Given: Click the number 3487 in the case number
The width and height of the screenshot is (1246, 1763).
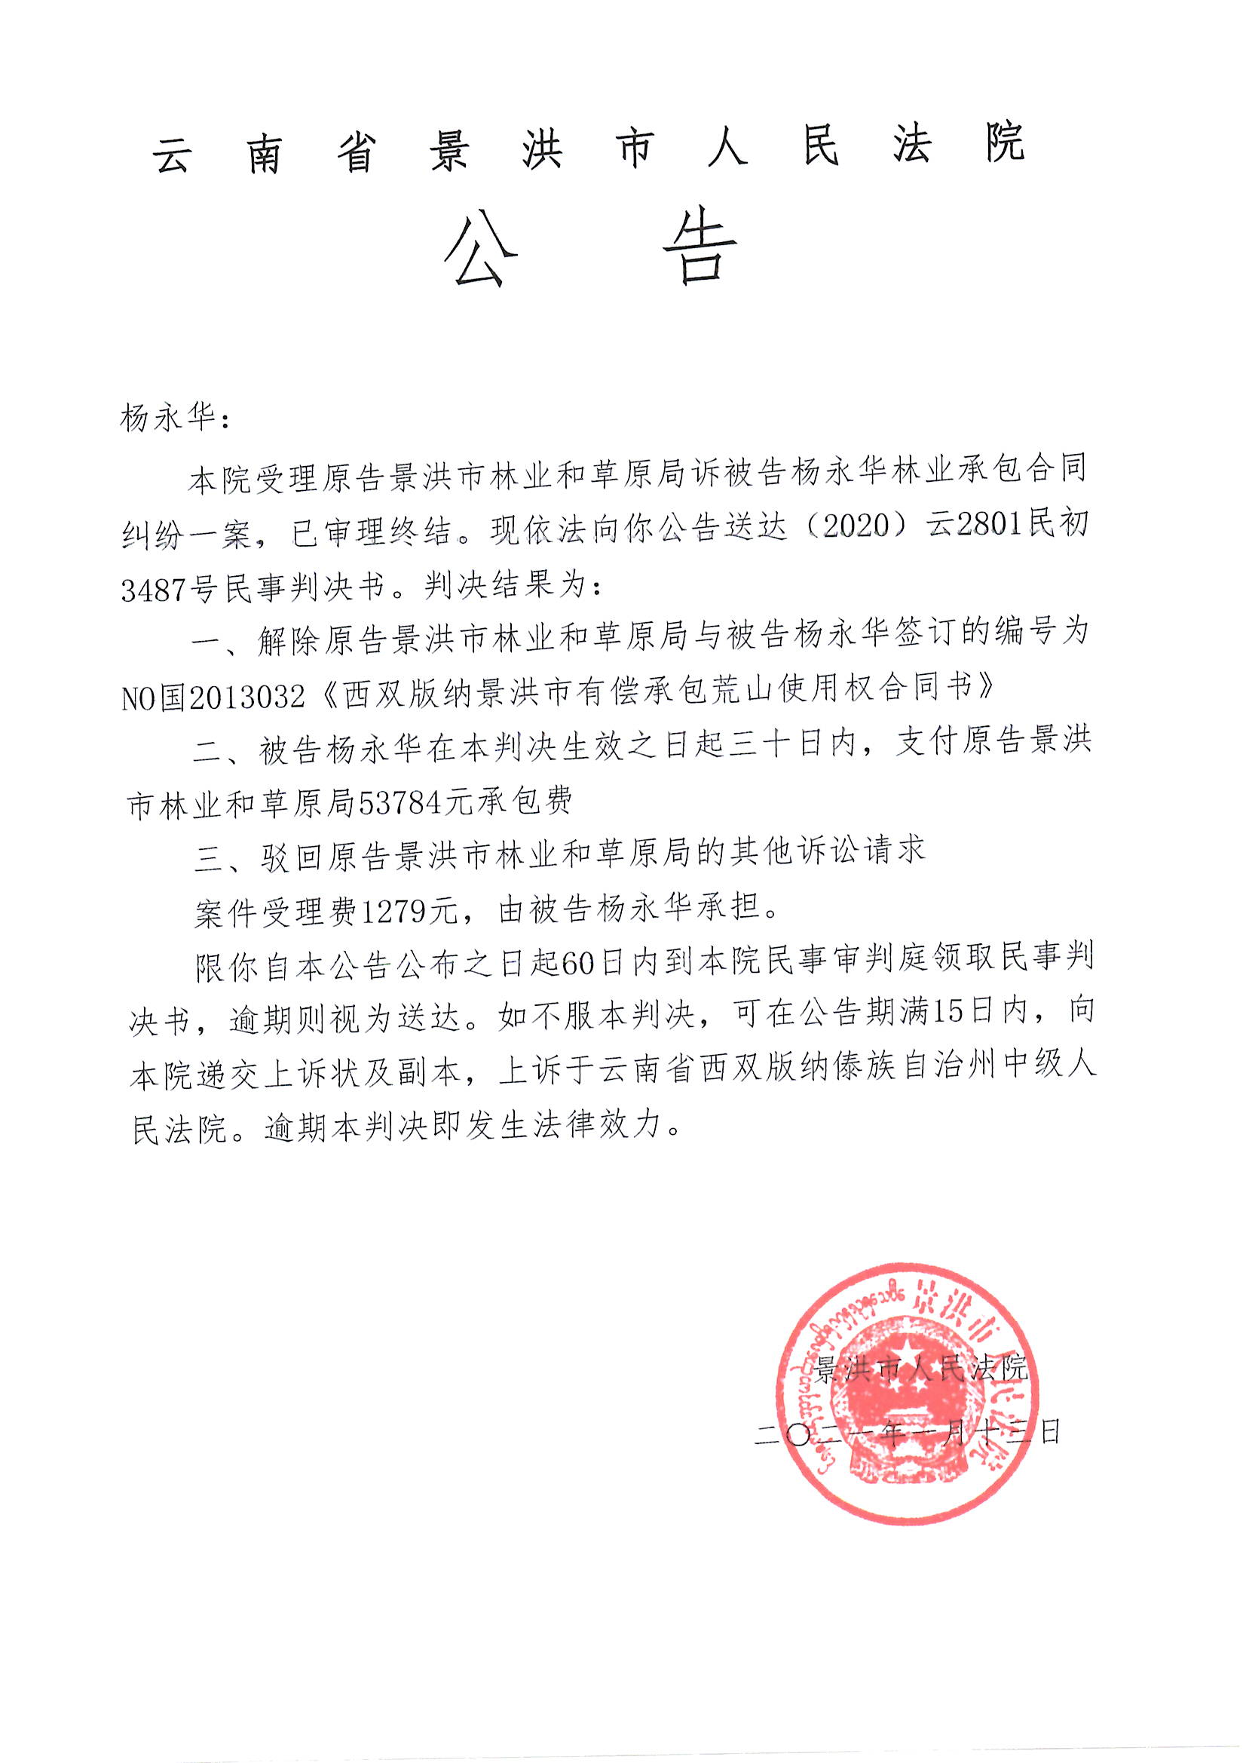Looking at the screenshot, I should [x=155, y=590].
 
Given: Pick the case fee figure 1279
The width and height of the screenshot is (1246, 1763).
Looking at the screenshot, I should [x=393, y=912].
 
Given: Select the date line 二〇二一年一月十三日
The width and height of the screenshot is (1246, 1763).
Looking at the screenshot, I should [x=907, y=1432].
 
